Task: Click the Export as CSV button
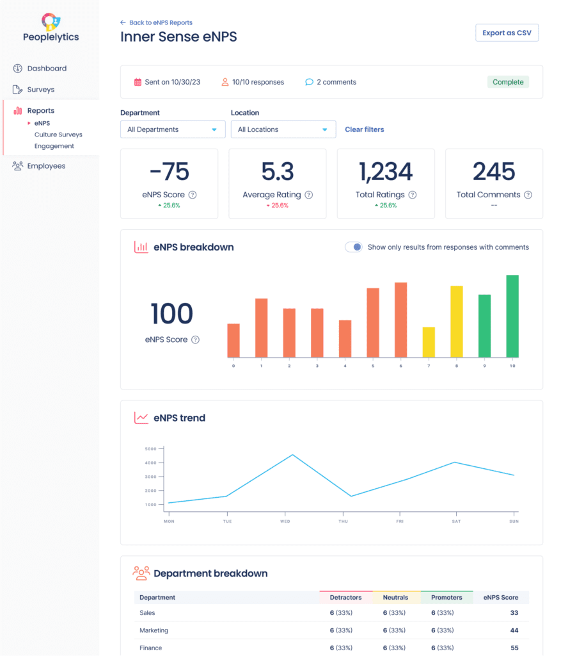pos(507,33)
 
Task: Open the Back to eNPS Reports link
pos(156,22)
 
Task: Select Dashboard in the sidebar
pos(46,69)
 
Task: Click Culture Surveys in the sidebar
pos(58,135)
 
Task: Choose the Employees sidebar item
pos(46,166)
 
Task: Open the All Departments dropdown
pos(173,129)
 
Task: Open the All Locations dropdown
pos(283,129)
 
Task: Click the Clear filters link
pos(364,129)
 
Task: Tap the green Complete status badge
pos(508,82)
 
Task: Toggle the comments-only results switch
pos(354,247)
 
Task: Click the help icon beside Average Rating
pos(309,195)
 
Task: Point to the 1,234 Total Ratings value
pos(385,172)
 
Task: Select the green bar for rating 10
pos(512,316)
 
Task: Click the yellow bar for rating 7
pos(429,342)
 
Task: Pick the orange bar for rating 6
pos(400,320)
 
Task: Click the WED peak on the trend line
pos(292,455)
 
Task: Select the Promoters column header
pos(446,598)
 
